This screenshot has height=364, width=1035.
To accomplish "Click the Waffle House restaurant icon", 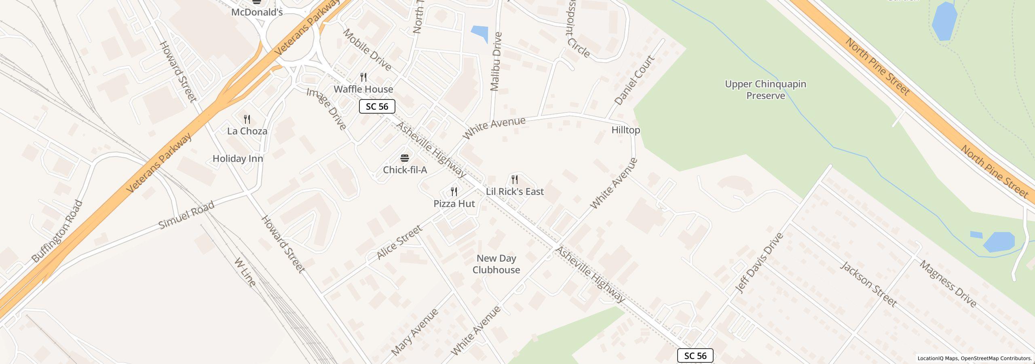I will click(x=363, y=77).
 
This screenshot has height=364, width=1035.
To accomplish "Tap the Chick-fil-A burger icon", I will click(x=405, y=158).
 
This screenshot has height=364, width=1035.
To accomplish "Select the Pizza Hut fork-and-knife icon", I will click(x=454, y=192).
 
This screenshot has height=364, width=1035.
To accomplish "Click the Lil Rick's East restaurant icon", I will click(x=515, y=179).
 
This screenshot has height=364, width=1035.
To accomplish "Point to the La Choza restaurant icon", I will click(x=247, y=119).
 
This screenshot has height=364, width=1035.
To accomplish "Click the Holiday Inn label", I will click(x=238, y=159).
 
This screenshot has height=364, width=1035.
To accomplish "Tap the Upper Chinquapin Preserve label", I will click(x=765, y=90).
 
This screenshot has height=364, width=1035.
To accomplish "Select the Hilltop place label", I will click(x=625, y=130).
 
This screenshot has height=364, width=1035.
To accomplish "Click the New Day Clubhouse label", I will click(x=496, y=264).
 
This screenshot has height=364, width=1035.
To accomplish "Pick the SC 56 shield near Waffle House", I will click(x=377, y=106).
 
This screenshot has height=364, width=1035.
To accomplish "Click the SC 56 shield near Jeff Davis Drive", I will click(x=695, y=356).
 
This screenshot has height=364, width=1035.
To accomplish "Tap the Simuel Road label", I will click(x=186, y=215).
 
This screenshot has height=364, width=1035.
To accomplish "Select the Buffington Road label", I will click(x=57, y=231).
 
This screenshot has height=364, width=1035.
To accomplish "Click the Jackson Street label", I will click(x=868, y=284).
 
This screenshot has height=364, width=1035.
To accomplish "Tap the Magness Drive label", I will click(x=948, y=283).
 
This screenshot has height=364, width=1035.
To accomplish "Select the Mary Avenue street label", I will click(x=415, y=332).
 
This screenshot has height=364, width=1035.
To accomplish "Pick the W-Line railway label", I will click(x=245, y=272).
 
